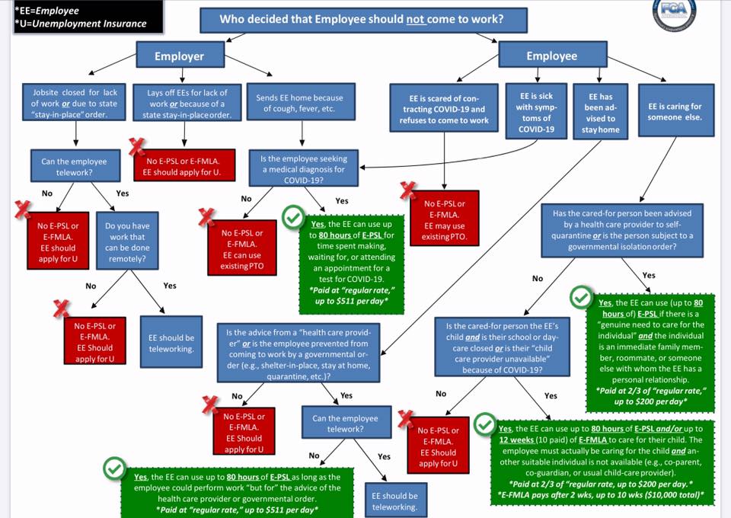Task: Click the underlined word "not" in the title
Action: (416, 19)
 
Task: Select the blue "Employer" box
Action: (180, 56)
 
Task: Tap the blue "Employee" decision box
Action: (553, 56)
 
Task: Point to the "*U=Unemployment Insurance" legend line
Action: (80, 24)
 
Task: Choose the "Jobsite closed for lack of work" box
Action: (74, 103)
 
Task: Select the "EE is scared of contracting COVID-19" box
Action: (444, 108)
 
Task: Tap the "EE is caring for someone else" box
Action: (675, 110)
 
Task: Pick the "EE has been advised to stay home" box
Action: (601, 111)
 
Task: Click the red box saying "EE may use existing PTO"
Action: (444, 218)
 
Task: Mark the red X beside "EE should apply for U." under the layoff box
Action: (136, 147)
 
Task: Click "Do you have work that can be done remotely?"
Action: (127, 241)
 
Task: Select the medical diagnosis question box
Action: (304, 168)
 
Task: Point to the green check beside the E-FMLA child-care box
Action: (485, 424)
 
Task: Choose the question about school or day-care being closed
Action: (502, 347)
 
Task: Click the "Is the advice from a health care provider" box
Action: (298, 353)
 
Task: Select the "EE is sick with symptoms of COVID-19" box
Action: (536, 111)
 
